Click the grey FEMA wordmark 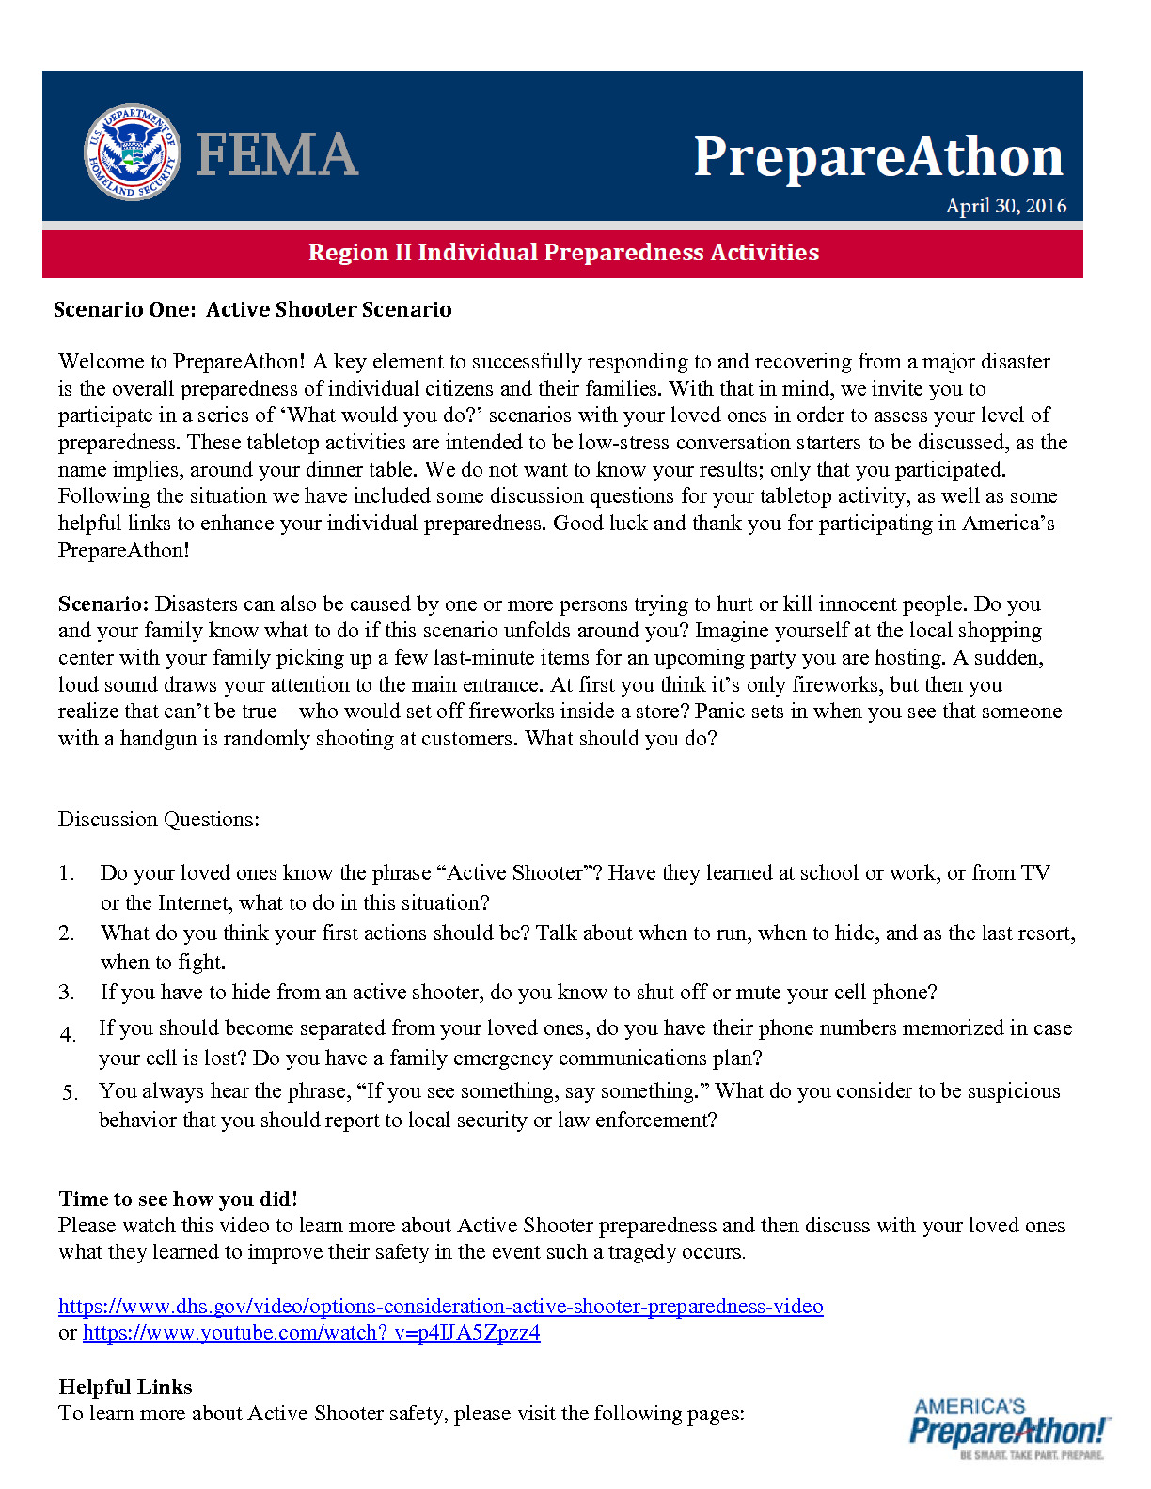coord(276,155)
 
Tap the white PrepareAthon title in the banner coord(877,156)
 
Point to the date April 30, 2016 coord(1005,206)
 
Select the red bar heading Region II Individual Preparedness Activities coord(563,253)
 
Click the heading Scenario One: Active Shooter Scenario coord(252,309)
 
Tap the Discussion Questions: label coord(159,819)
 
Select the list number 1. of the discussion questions coord(66,873)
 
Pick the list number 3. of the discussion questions coord(66,993)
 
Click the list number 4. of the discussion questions coord(68,1035)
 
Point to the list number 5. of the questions coord(70,1092)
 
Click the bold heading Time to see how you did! coord(178,1199)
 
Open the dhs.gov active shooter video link coord(440,1306)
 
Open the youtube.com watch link coord(311,1333)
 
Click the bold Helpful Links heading coord(125,1387)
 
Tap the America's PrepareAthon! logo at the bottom coord(1009,1427)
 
